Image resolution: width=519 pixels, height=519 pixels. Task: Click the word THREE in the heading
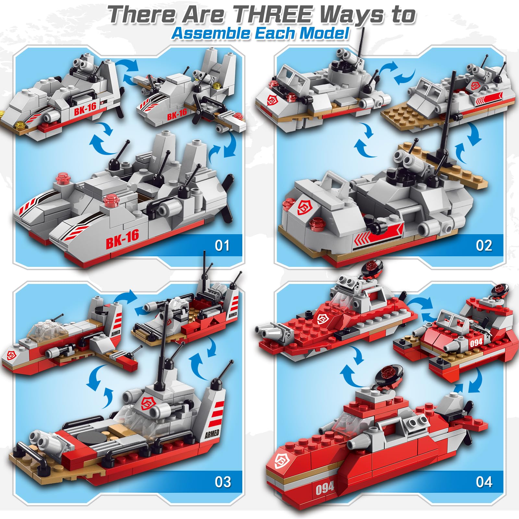tap(274, 14)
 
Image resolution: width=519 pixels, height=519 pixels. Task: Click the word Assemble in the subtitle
tap(211, 33)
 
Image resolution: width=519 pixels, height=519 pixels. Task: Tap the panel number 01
tap(222, 246)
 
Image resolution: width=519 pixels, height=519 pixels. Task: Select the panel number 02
tap(484, 246)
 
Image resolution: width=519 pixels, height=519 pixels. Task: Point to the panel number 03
tap(223, 482)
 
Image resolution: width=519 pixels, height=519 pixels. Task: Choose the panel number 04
tap(484, 482)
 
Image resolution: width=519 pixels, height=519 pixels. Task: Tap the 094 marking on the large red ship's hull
tap(324, 487)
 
